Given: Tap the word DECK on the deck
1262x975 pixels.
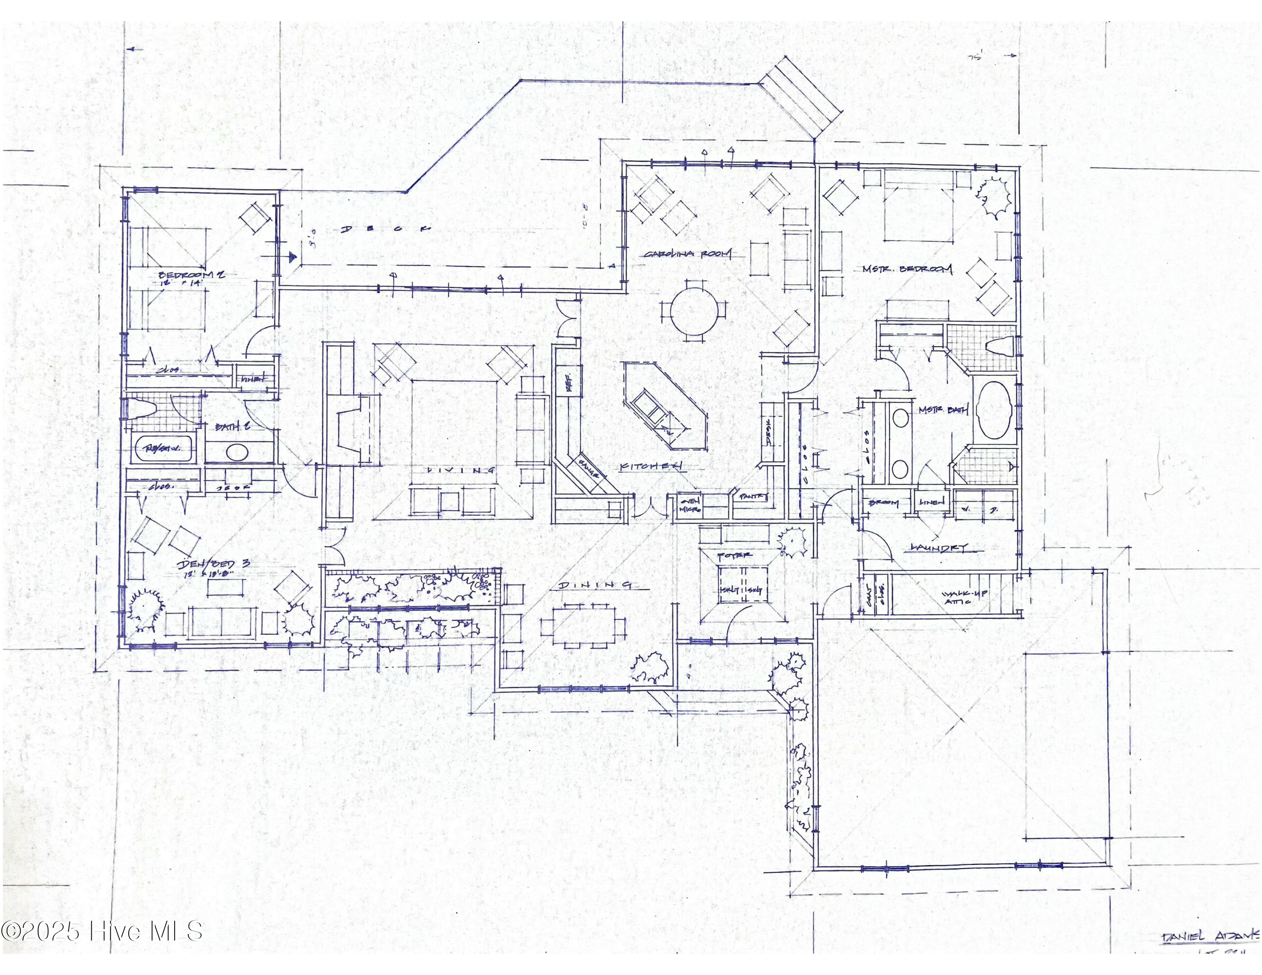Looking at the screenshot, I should (x=386, y=229).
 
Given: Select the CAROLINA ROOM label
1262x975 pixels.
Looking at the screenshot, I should (x=688, y=254).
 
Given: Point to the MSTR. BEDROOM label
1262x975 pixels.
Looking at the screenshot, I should (x=907, y=269).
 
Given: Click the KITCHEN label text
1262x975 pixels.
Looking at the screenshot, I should (x=651, y=466).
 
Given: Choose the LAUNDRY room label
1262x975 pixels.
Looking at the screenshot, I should (x=939, y=547).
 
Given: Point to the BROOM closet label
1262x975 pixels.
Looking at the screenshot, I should (x=883, y=503).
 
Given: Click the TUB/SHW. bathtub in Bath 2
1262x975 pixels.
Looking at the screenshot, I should (x=164, y=449).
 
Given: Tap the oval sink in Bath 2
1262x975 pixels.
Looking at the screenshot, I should (x=236, y=452).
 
